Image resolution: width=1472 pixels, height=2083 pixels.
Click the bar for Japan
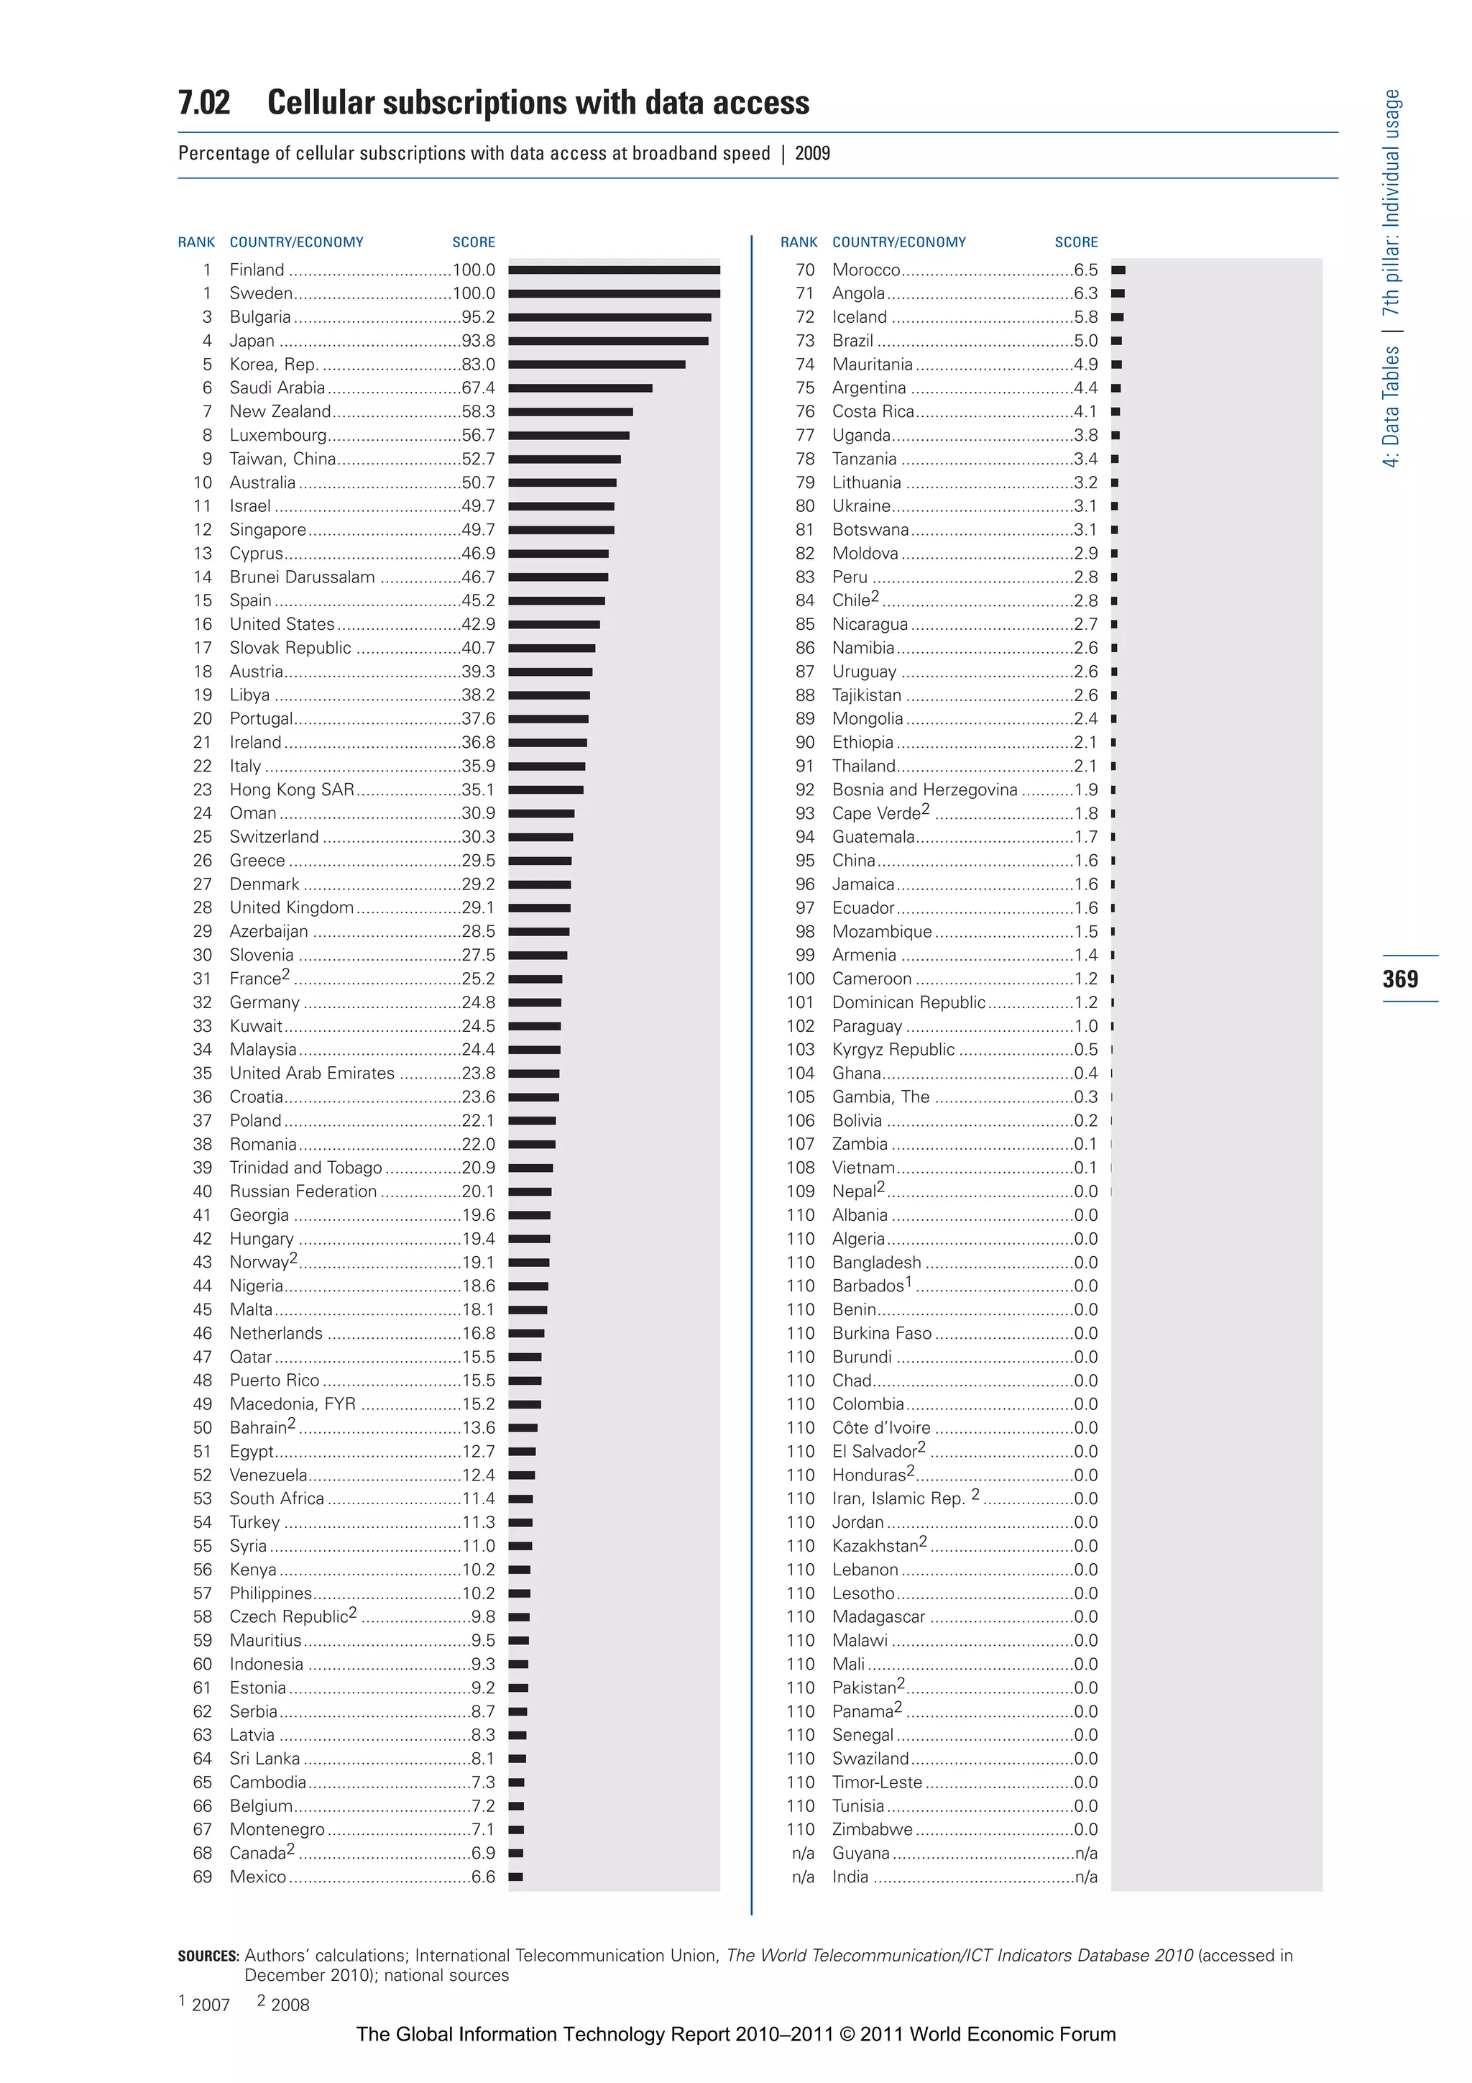coord(607,341)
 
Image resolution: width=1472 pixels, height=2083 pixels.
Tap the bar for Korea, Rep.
coord(596,365)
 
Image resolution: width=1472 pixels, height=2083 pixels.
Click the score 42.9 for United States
coord(478,624)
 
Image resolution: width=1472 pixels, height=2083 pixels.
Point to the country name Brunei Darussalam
coord(302,577)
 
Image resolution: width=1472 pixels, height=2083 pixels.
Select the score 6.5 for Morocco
coord(1085,270)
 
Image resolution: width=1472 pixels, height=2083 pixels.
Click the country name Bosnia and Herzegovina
coord(924,790)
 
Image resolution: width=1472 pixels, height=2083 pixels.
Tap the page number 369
coord(1400,979)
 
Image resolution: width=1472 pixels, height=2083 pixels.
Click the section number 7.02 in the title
coord(204,103)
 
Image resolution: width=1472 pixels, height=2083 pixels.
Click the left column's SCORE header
coord(474,242)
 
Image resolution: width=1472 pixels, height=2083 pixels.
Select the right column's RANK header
coord(798,242)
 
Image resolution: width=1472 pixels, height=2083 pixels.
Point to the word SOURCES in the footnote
coord(208,1956)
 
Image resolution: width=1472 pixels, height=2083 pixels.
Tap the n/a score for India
coord(1085,1877)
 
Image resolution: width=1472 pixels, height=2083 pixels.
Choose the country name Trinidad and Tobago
coord(305,1168)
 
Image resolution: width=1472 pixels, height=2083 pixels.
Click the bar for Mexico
coord(515,1877)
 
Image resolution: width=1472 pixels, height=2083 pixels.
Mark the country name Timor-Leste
coord(876,1782)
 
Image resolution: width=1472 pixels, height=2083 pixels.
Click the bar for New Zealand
coord(569,412)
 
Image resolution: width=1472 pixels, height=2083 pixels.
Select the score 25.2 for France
coord(478,979)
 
